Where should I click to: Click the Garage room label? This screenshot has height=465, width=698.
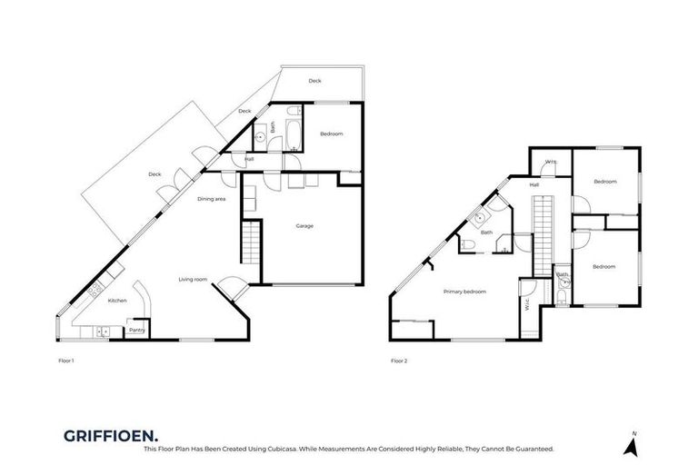coord(304,225)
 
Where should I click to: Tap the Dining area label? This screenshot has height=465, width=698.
coord(212,198)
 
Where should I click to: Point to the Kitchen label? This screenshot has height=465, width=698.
coord(117,300)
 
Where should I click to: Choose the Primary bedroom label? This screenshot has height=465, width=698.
coord(464,292)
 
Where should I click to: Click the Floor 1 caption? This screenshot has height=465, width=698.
coord(65,361)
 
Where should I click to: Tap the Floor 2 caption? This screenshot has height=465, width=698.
coord(399,361)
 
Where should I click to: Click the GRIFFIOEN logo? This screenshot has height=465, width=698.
coord(102,435)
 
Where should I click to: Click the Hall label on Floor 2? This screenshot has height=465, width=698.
coord(534,184)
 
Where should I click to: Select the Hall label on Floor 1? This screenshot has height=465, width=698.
coord(248,160)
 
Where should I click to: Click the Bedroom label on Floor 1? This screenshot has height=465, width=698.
coord(332,134)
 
